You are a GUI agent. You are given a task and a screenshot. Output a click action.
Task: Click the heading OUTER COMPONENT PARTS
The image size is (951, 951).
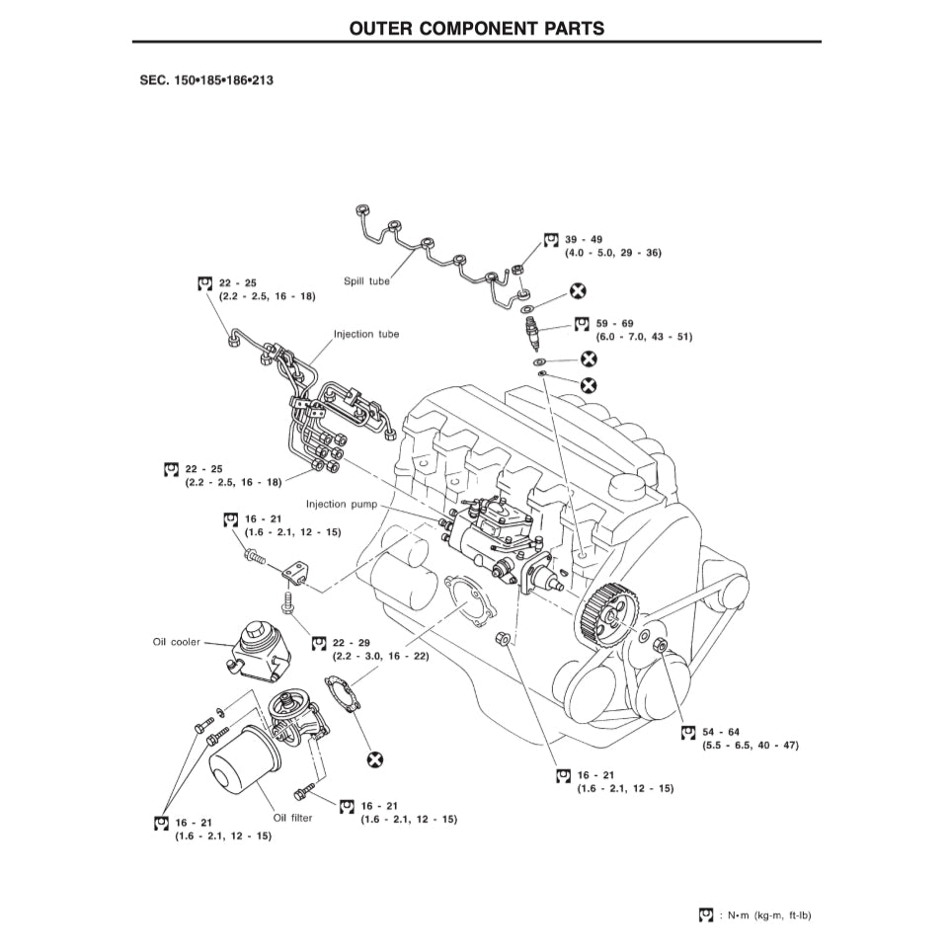click(x=476, y=27)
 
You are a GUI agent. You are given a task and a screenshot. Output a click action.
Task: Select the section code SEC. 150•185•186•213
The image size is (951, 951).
click(x=206, y=80)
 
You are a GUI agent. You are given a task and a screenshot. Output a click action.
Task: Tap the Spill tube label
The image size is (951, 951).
click(x=366, y=281)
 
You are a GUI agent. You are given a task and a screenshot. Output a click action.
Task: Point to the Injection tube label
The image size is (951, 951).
click(x=365, y=335)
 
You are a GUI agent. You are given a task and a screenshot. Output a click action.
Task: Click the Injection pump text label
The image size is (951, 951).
click(x=339, y=504)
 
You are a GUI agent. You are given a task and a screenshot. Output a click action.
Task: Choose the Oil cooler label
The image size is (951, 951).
click(x=176, y=642)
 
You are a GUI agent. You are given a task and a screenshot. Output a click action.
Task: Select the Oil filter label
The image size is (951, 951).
click(x=292, y=818)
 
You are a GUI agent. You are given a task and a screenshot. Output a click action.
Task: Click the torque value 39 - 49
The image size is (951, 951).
click(x=584, y=239)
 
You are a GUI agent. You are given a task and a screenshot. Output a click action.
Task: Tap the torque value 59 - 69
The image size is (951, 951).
click(x=613, y=323)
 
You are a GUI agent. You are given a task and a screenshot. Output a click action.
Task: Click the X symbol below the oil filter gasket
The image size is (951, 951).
click(x=374, y=759)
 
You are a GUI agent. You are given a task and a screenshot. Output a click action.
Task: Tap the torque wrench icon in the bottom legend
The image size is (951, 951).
click(x=705, y=915)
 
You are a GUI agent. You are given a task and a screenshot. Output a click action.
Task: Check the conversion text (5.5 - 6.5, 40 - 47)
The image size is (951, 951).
click(x=752, y=746)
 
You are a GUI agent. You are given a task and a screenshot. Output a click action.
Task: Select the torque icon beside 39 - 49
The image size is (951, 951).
click(x=551, y=240)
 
